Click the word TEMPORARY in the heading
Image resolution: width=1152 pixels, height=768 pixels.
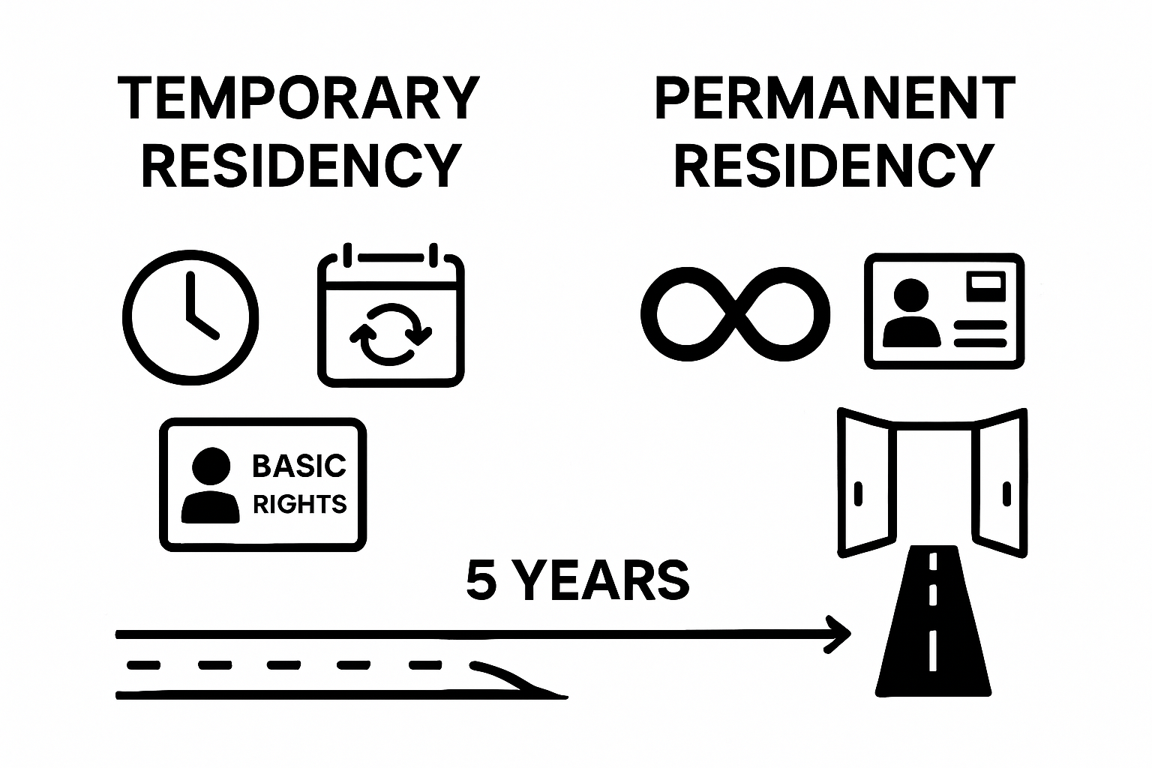tap(298, 98)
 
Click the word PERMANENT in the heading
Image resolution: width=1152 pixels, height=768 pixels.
tap(835, 98)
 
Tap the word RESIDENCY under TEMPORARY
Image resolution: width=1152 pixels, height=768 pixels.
tap(301, 166)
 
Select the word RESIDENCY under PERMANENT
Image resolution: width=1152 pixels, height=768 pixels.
tap(834, 166)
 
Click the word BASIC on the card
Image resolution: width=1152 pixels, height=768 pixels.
tap(299, 466)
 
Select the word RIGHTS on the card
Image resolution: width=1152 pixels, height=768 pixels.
tap(299, 504)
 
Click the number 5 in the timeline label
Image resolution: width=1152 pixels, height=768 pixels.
tap(481, 580)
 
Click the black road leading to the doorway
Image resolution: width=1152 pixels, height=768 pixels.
tap(934, 630)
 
